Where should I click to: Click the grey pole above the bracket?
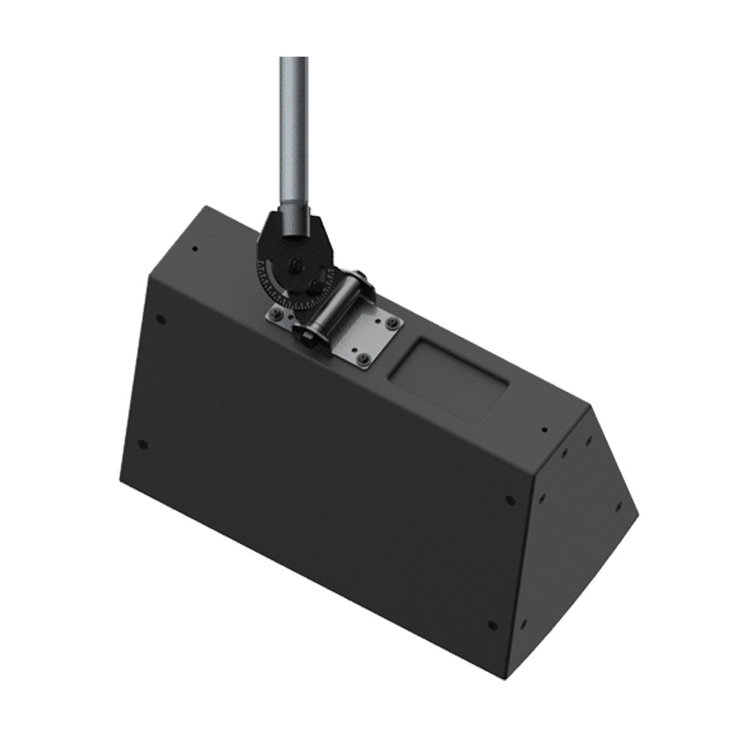[x=294, y=127]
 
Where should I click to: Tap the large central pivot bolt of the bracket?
[x=296, y=265]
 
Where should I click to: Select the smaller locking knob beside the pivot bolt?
[x=316, y=287]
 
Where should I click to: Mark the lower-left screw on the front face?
[x=143, y=446]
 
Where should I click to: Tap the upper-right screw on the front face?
[x=510, y=500]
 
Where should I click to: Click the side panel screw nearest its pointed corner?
[x=618, y=506]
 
